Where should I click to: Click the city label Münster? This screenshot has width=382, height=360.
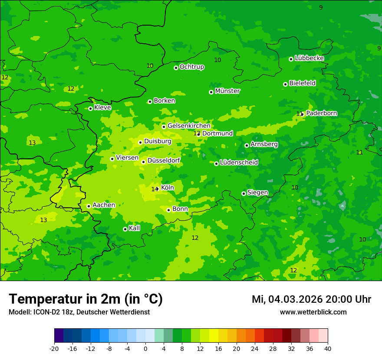click(x=227, y=91)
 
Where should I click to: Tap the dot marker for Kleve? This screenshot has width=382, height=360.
click(x=90, y=108)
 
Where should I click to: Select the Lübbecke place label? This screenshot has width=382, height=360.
click(x=309, y=58)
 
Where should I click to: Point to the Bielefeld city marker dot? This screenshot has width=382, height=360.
click(x=285, y=84)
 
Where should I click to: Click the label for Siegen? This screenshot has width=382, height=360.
click(x=257, y=193)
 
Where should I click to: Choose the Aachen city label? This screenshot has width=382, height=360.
click(x=104, y=205)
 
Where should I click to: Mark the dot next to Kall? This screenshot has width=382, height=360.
click(x=125, y=229)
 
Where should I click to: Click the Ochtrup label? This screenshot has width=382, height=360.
click(x=191, y=67)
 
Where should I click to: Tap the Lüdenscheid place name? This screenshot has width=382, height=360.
click(x=239, y=163)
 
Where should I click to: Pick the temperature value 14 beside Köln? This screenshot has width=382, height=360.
click(x=154, y=189)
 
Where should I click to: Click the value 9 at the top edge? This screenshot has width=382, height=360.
click(x=321, y=7)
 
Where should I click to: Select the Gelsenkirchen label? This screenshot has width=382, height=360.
click(x=189, y=126)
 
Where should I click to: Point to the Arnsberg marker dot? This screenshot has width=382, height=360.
click(x=247, y=145)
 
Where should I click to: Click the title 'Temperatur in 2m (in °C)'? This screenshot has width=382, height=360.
click(x=86, y=299)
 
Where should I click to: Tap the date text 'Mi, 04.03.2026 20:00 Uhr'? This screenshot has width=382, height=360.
click(x=311, y=299)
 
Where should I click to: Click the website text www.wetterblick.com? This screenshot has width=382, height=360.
click(x=313, y=312)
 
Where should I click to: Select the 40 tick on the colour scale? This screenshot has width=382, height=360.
click(x=328, y=349)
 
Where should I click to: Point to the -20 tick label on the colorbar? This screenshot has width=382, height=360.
click(x=54, y=349)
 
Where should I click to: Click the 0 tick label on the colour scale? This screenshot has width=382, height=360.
click(x=145, y=349)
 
